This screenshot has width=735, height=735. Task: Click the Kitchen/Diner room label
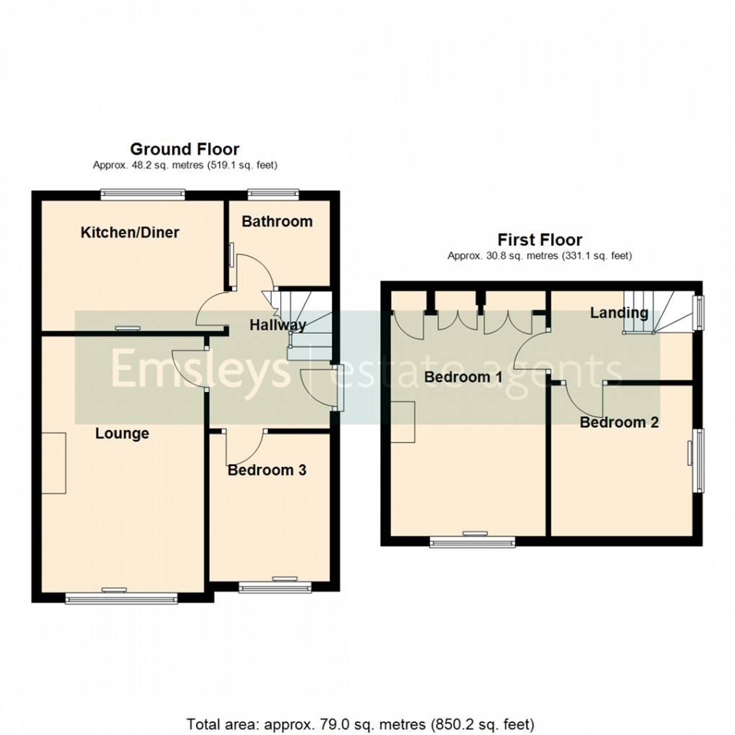pyautogui.click(x=130, y=233)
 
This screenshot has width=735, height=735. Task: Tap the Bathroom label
pyautogui.click(x=277, y=221)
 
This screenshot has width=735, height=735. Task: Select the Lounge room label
pyautogui.click(x=122, y=434)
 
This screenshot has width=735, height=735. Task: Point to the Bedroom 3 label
pyautogui.click(x=267, y=470)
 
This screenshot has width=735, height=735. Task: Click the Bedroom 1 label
pyautogui.click(x=463, y=377)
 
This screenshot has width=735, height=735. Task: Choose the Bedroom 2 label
pyautogui.click(x=619, y=422)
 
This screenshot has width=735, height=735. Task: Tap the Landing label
pyautogui.click(x=619, y=313)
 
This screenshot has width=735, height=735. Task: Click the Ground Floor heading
pyautogui.click(x=184, y=149)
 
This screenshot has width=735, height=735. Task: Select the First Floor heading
pyautogui.click(x=540, y=240)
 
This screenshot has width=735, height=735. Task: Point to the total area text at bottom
pyautogui.click(x=360, y=724)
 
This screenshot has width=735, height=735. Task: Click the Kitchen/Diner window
pyautogui.click(x=143, y=194)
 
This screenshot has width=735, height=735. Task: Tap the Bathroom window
pyautogui.click(x=273, y=194)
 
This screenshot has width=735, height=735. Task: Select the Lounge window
pyautogui.click(x=121, y=597)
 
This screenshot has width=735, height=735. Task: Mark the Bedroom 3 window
pyautogui.click(x=275, y=587)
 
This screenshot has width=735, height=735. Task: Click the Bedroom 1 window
pyautogui.click(x=473, y=542)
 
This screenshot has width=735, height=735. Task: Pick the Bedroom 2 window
pyautogui.click(x=698, y=460)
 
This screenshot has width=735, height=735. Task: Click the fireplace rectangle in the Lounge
pyautogui.click(x=54, y=463)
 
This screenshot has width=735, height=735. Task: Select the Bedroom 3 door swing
pyautogui.click(x=246, y=447)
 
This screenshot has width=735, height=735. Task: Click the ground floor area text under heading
pyautogui.click(x=185, y=166)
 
